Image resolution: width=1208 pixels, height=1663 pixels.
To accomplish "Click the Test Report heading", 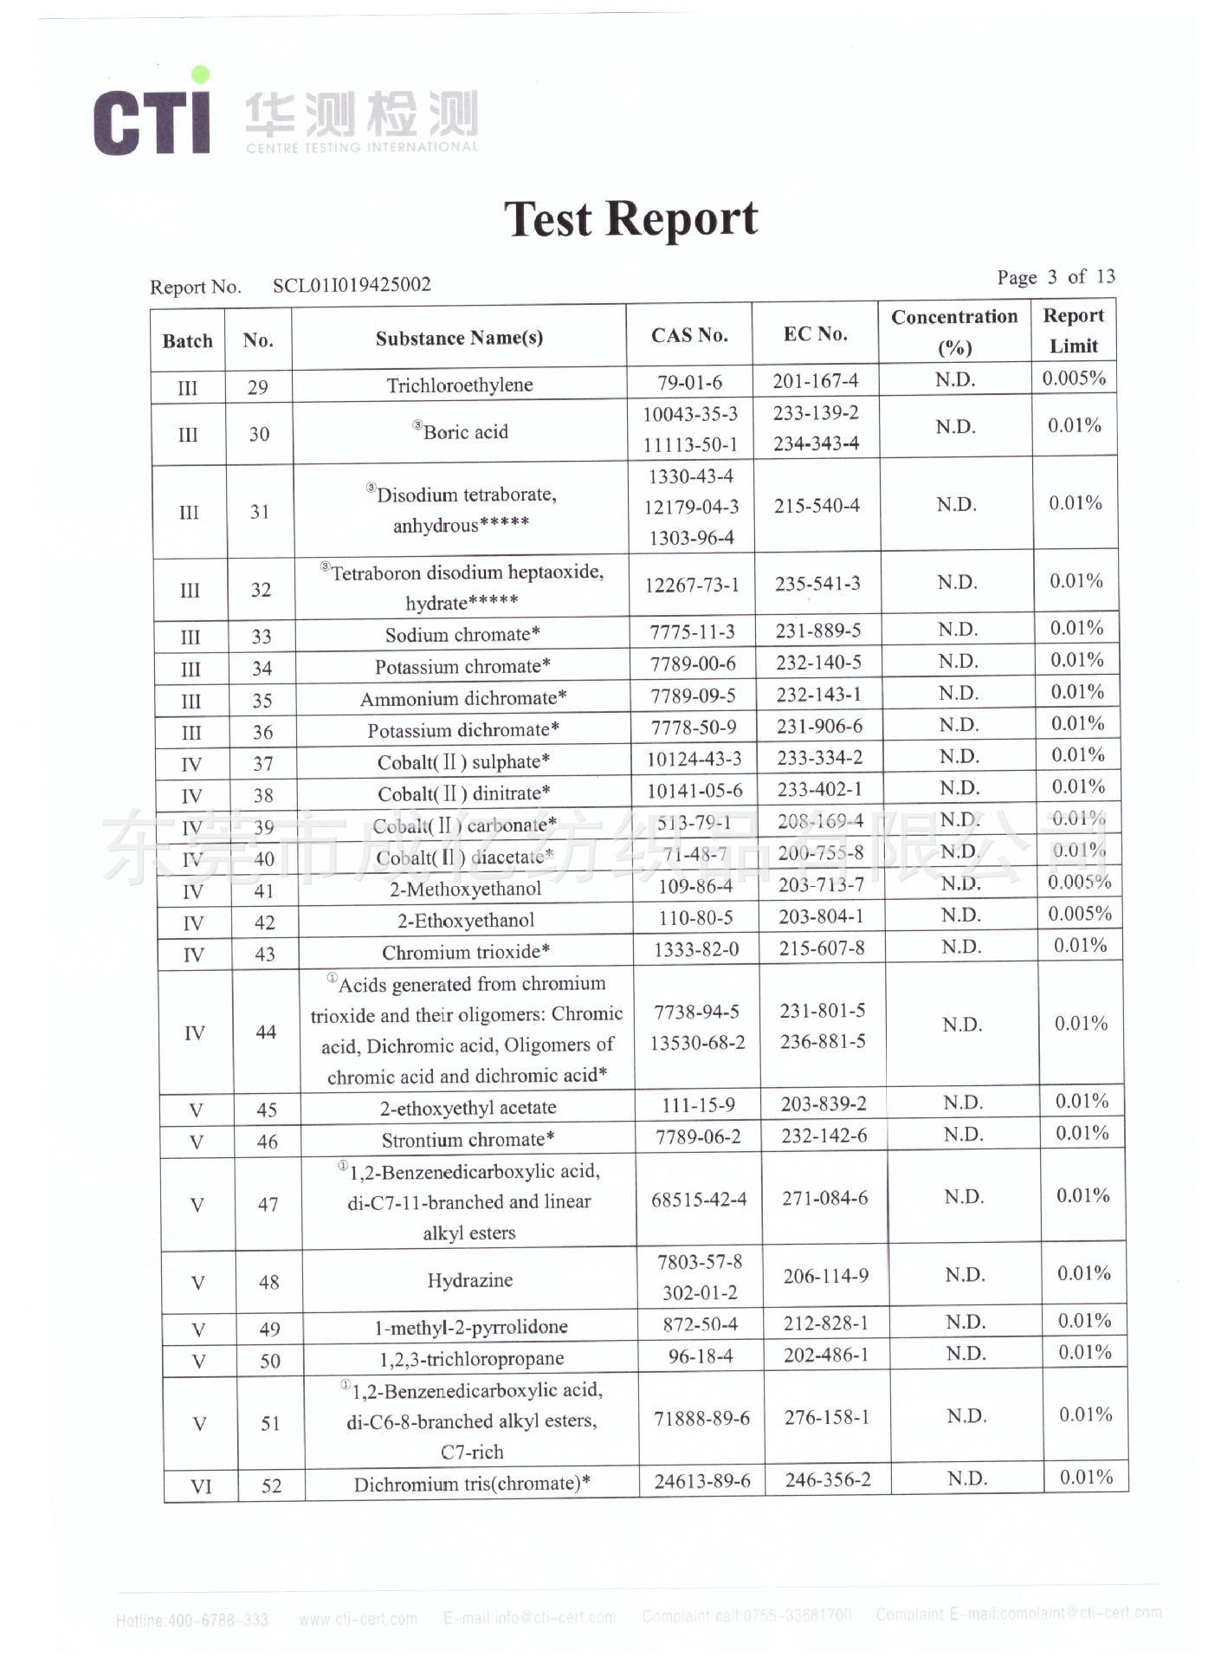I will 630,218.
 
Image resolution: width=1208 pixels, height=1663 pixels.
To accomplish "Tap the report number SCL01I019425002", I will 352,285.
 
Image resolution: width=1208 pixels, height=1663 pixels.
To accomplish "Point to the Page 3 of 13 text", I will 1056,277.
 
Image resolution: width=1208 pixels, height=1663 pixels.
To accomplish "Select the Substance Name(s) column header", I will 459,338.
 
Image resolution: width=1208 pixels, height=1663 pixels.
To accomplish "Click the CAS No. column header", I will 689,335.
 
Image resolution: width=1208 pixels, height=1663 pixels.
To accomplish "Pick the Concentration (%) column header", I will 954,332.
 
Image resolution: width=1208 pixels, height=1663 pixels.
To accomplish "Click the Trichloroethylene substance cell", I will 459,385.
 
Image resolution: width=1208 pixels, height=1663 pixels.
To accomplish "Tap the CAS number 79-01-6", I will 689,383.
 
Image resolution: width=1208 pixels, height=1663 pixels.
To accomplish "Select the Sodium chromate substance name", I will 462,635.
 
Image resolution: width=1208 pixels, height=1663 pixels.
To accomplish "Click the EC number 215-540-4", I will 817,506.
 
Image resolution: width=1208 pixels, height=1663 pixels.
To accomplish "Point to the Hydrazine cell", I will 469,1280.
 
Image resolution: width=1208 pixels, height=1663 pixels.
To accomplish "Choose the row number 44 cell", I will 266,1032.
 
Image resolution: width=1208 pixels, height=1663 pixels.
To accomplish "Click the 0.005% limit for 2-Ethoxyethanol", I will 1079,914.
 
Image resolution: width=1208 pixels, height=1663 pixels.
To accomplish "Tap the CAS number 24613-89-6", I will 701,1481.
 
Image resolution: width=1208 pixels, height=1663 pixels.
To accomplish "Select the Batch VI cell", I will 200,1487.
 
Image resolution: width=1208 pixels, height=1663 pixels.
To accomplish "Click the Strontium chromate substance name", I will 468,1140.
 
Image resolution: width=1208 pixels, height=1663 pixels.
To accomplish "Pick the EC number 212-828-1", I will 825,1323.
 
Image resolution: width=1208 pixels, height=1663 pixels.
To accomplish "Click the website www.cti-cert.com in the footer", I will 358,1618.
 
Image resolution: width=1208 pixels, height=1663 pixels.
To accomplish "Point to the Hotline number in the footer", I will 191,1620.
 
